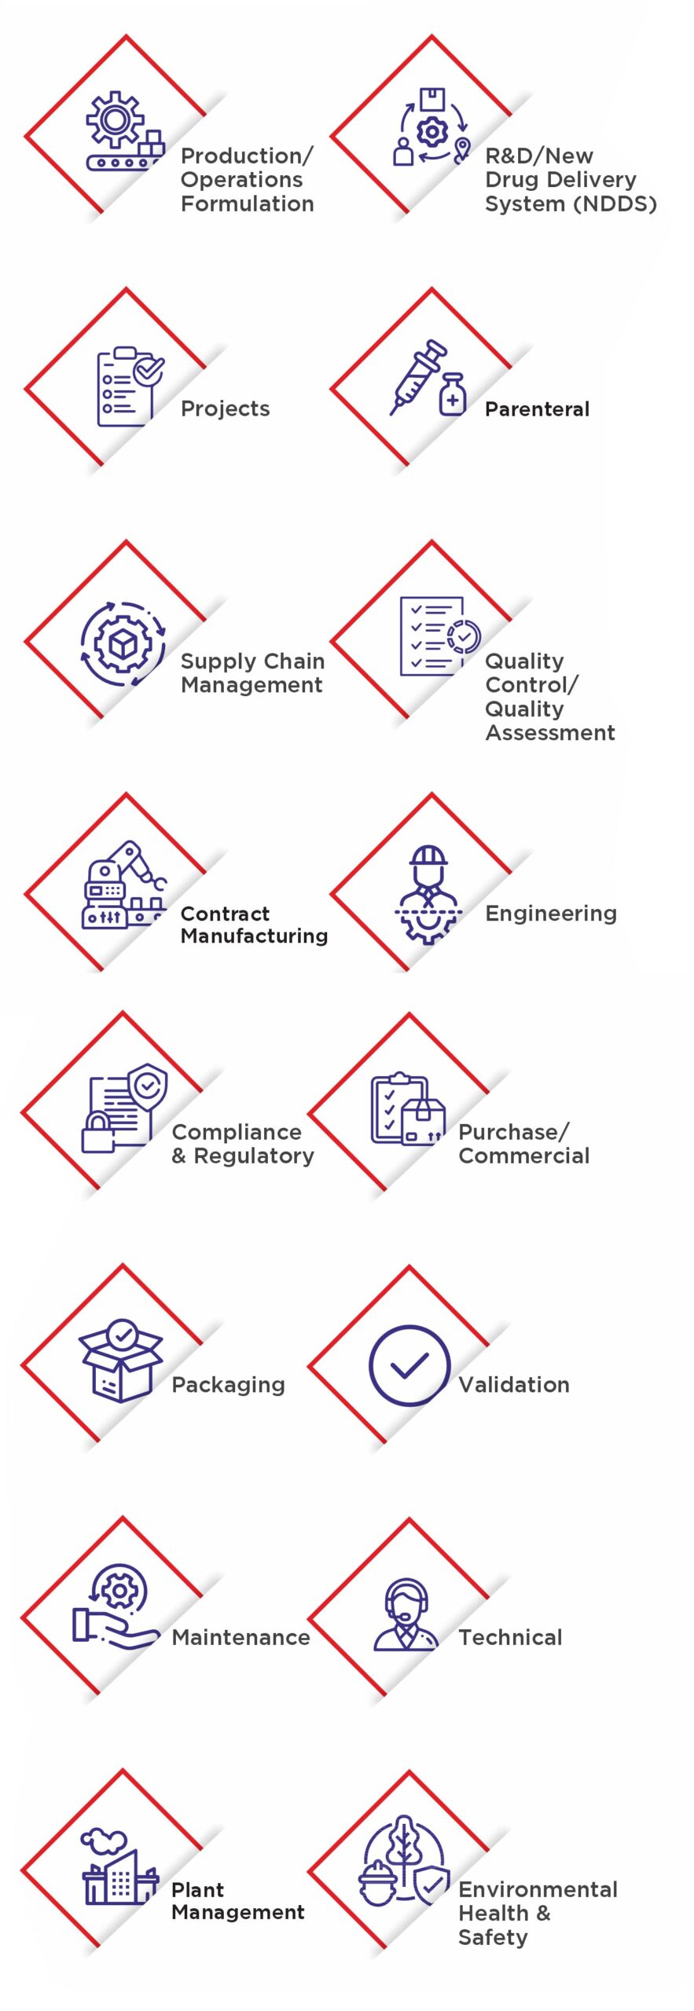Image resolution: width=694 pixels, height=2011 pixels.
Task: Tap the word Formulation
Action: [x=247, y=204]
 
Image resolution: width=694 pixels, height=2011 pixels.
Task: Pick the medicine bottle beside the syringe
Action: [x=453, y=394]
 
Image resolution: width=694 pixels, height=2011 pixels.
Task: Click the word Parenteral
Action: [x=537, y=409]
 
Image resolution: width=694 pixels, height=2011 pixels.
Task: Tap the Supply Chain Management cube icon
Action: [x=123, y=644]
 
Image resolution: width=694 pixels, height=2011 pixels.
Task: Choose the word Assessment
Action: [x=549, y=733]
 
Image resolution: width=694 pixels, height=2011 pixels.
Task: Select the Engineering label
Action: [x=550, y=914]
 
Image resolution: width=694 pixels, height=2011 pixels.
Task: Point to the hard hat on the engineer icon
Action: [x=428, y=856]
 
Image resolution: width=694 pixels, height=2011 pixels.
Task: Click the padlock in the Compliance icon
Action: [x=98, y=1132]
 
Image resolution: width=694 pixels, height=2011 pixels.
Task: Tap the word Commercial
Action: [x=523, y=1156]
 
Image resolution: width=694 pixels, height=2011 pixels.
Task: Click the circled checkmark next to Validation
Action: [x=409, y=1365]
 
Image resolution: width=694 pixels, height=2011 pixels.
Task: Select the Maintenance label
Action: [x=241, y=1637]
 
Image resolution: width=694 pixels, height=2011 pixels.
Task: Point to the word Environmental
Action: [x=538, y=1889]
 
